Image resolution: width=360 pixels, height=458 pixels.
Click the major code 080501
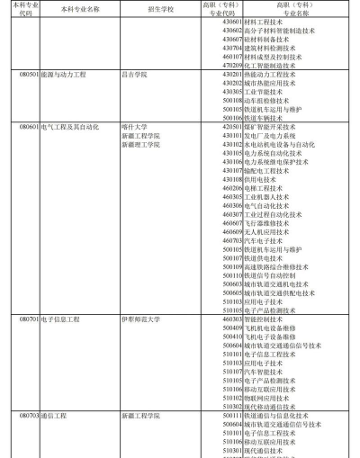tap(29, 76)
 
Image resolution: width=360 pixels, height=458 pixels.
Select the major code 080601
tap(29, 127)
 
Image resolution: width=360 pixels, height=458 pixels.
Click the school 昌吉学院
tap(135, 76)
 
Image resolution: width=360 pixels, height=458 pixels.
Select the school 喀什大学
tap(135, 127)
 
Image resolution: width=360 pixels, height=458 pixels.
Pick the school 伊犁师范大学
tap(143, 319)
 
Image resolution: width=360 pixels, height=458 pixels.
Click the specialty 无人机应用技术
tap(268, 231)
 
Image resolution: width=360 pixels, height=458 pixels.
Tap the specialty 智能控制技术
tap(265, 319)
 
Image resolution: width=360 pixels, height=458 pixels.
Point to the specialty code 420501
tap(232, 127)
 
